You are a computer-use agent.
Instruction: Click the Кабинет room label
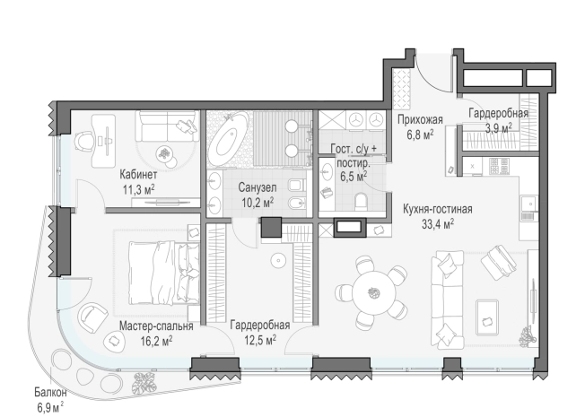click(x=138, y=174)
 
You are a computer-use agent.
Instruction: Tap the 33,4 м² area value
click(x=438, y=224)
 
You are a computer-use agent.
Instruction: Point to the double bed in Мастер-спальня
click(x=163, y=272)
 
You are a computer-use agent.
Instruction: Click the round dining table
click(x=374, y=292)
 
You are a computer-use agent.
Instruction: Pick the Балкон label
click(x=50, y=393)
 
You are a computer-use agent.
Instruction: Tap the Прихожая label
click(x=420, y=120)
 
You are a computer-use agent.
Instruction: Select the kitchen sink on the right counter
click(x=529, y=204)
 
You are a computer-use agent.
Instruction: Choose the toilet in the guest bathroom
click(x=362, y=202)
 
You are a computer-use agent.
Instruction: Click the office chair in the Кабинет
click(x=85, y=142)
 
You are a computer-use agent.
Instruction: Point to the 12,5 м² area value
click(x=260, y=340)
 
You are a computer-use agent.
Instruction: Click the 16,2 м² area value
click(x=156, y=340)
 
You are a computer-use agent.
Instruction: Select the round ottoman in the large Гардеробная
click(x=278, y=260)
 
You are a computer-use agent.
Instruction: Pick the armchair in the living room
click(x=499, y=262)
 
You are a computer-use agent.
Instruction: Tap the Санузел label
click(x=258, y=187)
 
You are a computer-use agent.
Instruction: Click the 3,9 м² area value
click(x=498, y=128)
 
